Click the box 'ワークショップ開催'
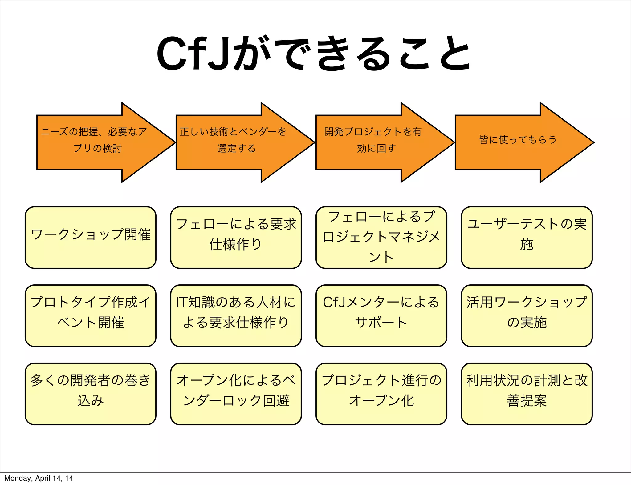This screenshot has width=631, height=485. click(x=91, y=237)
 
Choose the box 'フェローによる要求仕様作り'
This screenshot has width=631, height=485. click(x=236, y=237)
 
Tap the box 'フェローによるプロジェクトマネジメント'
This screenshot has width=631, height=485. click(x=381, y=237)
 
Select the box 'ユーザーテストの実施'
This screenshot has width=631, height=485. click(x=527, y=237)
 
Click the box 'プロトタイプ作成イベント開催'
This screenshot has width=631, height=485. click(x=91, y=315)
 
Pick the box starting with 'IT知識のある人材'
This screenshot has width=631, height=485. click(x=236, y=315)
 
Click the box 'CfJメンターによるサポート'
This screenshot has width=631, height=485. click(x=381, y=315)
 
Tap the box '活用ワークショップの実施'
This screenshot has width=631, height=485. click(x=527, y=315)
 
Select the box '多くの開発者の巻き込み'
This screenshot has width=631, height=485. click(x=91, y=394)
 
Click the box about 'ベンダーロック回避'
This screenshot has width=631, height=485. click(x=236, y=394)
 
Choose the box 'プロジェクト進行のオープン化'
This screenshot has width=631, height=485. click(x=381, y=394)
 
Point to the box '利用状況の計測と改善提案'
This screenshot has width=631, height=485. click(x=527, y=394)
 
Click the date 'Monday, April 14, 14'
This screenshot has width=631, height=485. click(x=39, y=478)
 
